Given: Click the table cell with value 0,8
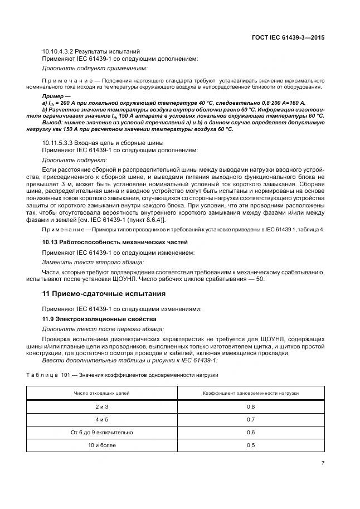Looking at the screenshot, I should click(250, 407).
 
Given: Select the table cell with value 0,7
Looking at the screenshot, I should click(250, 419).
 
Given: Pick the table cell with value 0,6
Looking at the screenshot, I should click(250, 432).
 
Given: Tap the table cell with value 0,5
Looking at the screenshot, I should click(250, 445).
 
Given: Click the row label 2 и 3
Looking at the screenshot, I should click(102, 407).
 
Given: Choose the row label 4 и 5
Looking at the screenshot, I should click(102, 419).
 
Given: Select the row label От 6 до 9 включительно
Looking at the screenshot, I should click(102, 432).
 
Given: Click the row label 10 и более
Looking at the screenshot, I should click(102, 445).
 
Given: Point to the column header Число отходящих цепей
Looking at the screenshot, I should click(102, 393).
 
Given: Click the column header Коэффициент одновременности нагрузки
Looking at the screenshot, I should click(250, 393).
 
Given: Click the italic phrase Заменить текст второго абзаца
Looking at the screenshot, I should click(93, 261).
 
